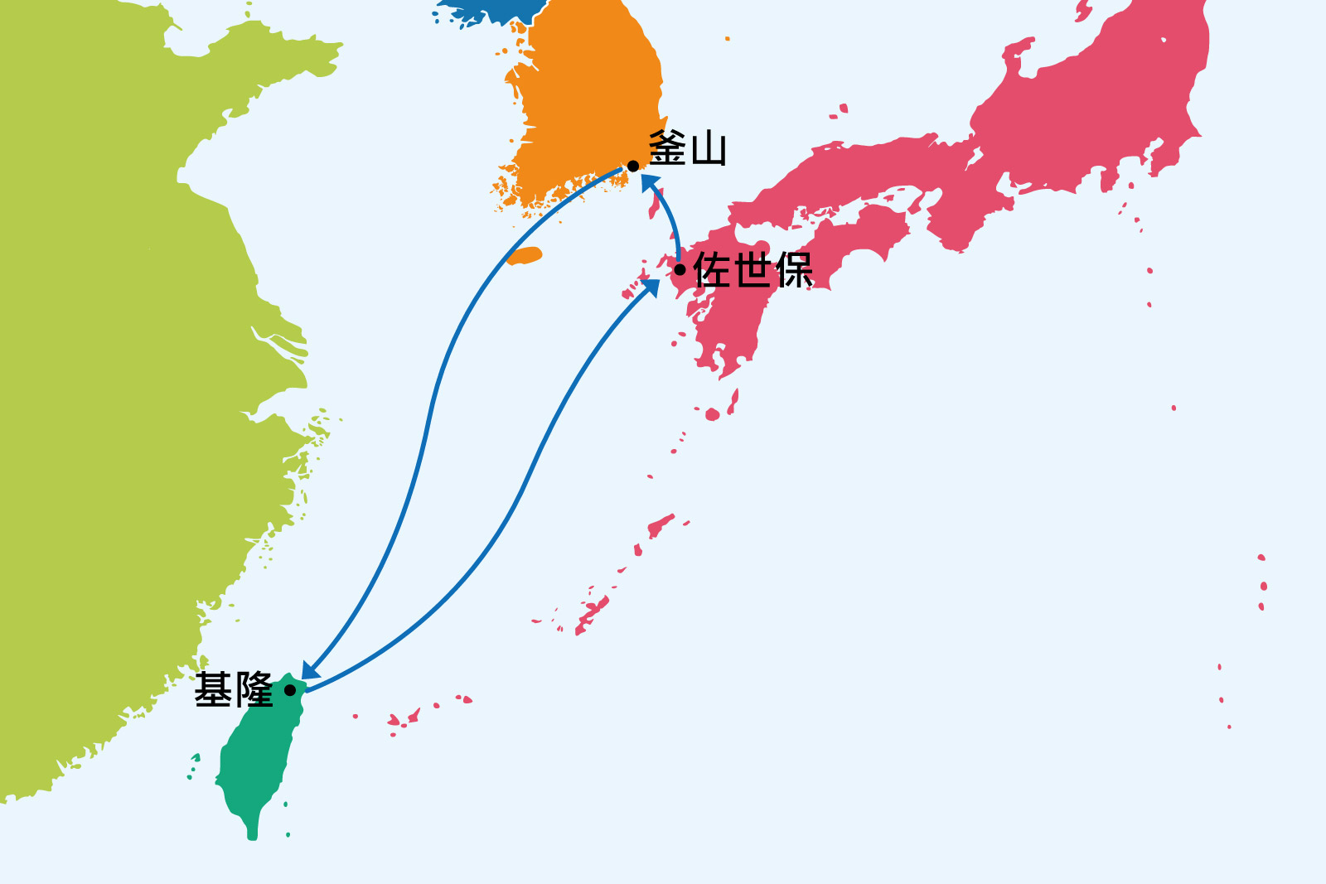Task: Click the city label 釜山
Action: tap(687, 148)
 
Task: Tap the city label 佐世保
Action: tap(753, 269)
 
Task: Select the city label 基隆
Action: tap(234, 690)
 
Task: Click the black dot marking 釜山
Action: tap(633, 167)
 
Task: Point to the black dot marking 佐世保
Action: tap(680, 269)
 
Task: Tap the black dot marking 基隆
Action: tap(290, 690)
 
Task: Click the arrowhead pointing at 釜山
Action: tap(650, 181)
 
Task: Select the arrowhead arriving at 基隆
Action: tap(308, 670)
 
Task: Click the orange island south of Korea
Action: tap(525, 256)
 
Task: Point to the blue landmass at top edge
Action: tap(489, 10)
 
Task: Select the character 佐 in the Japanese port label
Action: tap(712, 269)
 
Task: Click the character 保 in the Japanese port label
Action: tap(794, 269)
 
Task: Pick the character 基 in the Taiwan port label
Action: tap(213, 690)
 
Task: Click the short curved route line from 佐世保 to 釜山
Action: tap(673, 220)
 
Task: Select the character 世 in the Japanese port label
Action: tap(753, 269)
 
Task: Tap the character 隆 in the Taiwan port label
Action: tap(254, 690)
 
